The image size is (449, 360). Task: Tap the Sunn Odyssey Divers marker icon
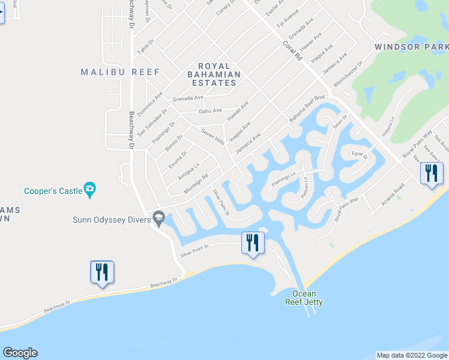159,219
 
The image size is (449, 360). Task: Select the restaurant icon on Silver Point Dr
252,242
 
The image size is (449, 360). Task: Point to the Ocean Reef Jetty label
304,298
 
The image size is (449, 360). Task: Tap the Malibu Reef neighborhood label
121,72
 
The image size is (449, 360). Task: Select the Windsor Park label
411,46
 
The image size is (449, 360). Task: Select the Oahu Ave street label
210,111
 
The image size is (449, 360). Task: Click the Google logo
20,353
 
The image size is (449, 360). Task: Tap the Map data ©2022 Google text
412,355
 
